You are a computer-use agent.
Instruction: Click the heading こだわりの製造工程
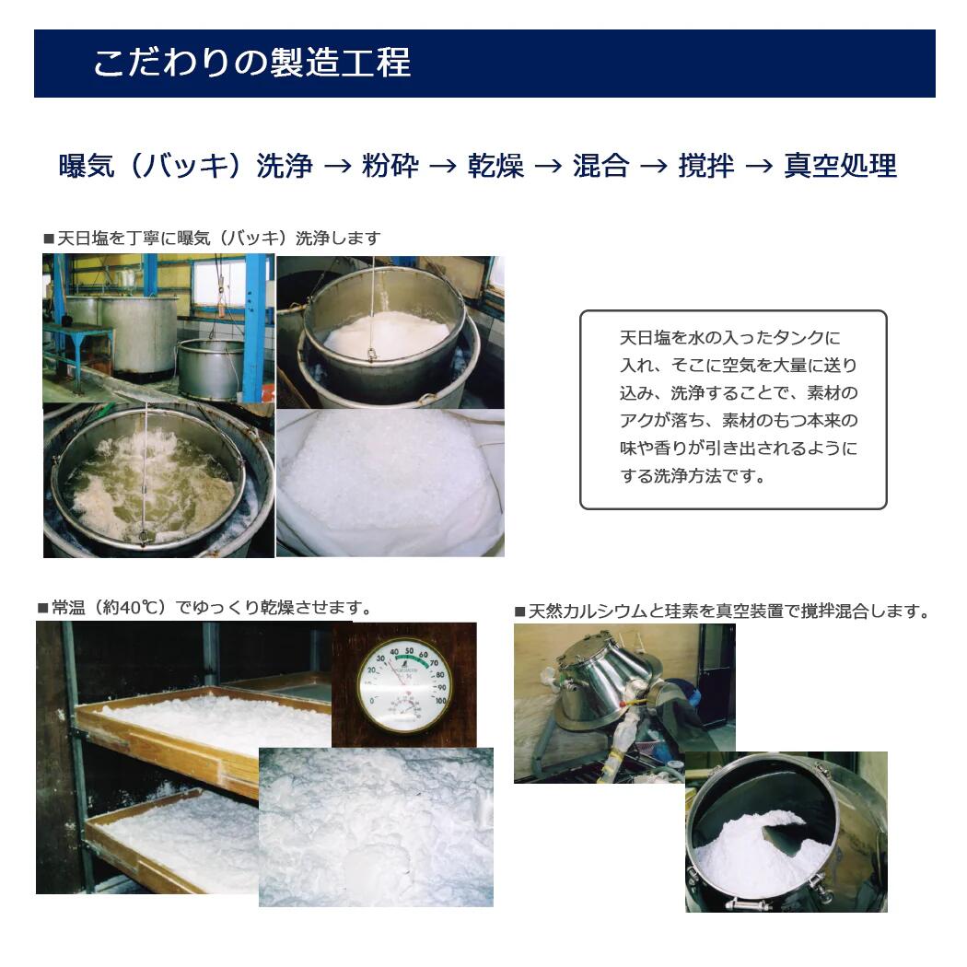pyautogui.click(x=251, y=63)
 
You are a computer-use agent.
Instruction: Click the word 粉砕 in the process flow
pyautogui.click(x=390, y=166)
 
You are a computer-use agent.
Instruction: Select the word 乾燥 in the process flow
pyautogui.click(x=495, y=166)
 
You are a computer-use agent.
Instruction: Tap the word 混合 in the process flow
pyautogui.click(x=600, y=166)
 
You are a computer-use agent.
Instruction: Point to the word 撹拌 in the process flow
pyautogui.click(x=706, y=166)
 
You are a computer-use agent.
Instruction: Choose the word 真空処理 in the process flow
pyautogui.click(x=840, y=166)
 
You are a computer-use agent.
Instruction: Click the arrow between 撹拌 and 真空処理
pyautogui.click(x=759, y=167)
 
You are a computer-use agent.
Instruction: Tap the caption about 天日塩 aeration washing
pyautogui.click(x=212, y=239)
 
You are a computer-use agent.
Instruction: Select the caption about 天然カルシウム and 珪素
pyautogui.click(x=722, y=612)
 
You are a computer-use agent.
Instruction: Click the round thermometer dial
pyautogui.click(x=404, y=683)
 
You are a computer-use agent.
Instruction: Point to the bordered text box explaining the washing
pyautogui.click(x=733, y=409)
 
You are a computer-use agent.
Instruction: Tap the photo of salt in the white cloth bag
pyautogui.click(x=390, y=483)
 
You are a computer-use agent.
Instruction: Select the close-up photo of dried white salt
pyautogui.click(x=376, y=827)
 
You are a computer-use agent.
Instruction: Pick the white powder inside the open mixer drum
pyautogui.click(x=755, y=852)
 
